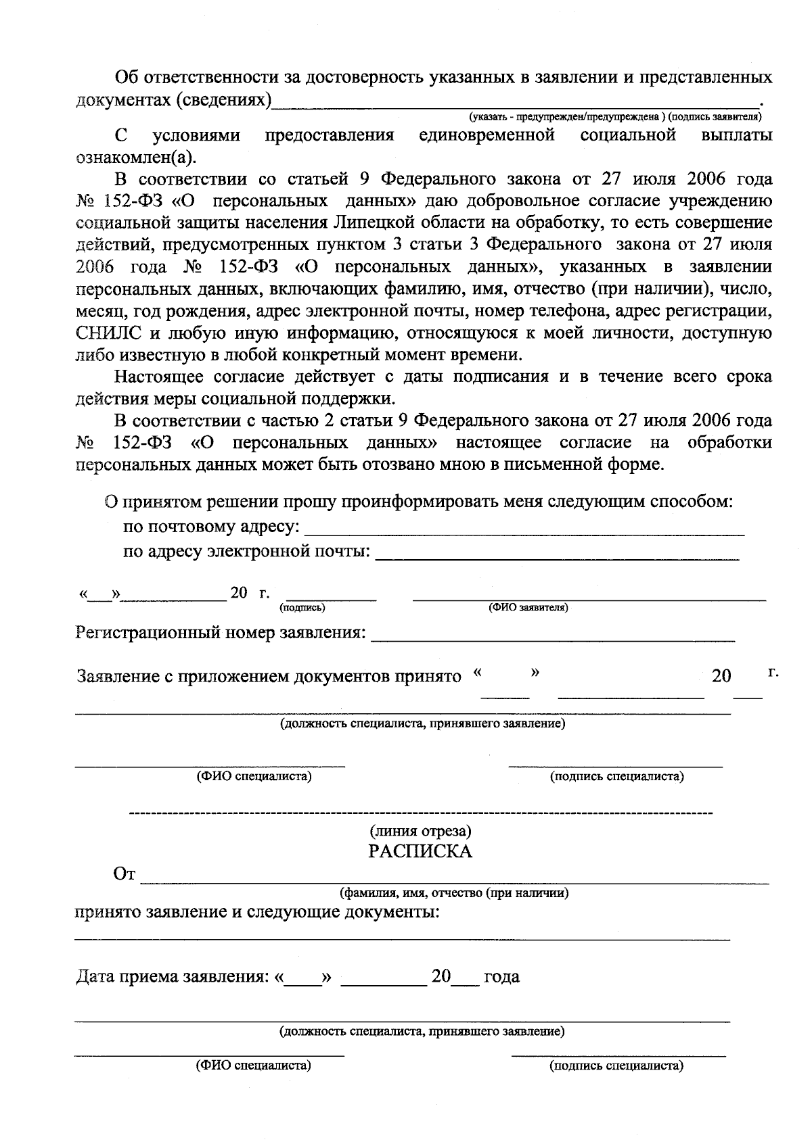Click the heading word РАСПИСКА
coord(420,851)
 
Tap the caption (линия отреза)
coord(420,830)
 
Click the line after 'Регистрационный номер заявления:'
coord(553,638)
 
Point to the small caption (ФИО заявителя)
coord(528,608)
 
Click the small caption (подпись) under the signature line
coord(302,608)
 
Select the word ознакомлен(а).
coord(135,158)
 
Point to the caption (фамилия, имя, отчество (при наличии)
coord(453,893)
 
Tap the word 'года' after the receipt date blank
coord(501,977)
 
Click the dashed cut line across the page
coord(420,811)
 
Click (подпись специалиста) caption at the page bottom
coord(617,1066)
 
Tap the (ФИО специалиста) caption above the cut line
coord(254,776)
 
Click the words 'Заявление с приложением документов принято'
coord(269,676)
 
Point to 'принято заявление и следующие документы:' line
coord(257,913)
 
